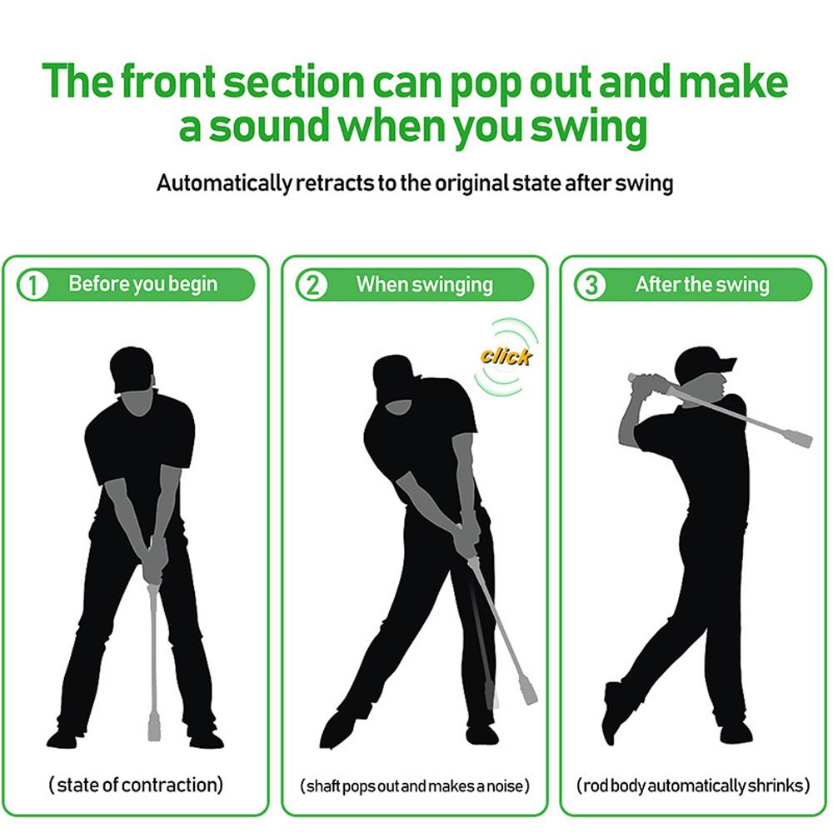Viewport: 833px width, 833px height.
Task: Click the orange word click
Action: [x=506, y=357]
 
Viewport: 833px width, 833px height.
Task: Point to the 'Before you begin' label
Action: [x=142, y=284]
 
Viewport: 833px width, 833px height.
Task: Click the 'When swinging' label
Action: [x=425, y=284]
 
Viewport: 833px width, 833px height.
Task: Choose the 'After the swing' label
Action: [x=701, y=284]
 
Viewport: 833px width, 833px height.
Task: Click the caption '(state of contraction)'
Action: [x=136, y=784]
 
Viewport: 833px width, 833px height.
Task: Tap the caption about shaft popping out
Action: [x=414, y=786]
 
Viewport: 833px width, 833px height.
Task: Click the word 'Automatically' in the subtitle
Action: [x=224, y=183]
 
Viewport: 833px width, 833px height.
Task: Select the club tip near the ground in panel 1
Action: [x=153, y=726]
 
